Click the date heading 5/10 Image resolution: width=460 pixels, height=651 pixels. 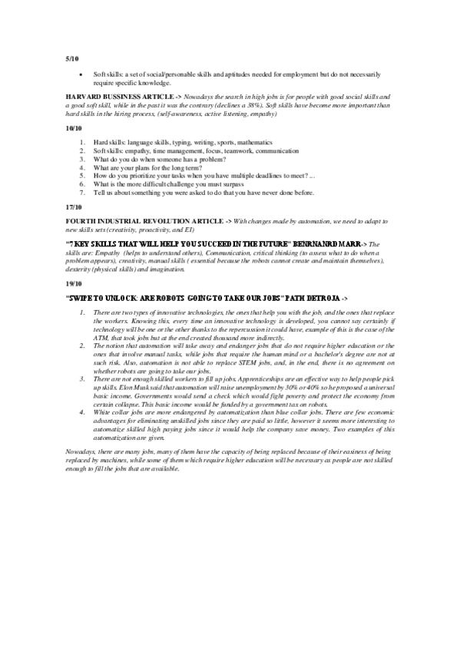click(71, 59)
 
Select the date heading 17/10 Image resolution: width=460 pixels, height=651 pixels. click(73, 207)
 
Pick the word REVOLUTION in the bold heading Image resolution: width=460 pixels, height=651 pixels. click(150, 220)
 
